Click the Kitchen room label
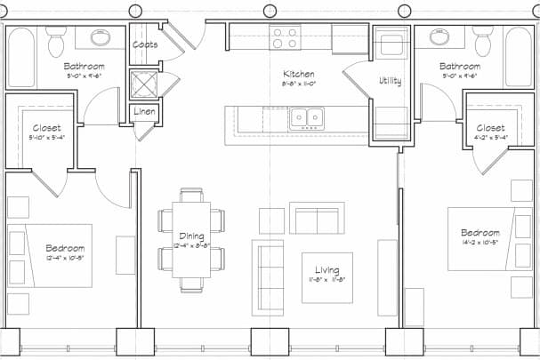point(298,74)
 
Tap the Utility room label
point(390,81)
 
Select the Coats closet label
point(145,44)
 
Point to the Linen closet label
point(145,112)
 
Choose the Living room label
point(326,269)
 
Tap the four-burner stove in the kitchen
point(285,38)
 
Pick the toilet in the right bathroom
point(482,40)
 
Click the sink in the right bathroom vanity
point(439,37)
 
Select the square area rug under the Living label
point(326,276)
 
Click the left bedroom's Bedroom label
point(65,248)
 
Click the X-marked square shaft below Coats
point(144,84)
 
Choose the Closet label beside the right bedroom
point(490,128)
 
